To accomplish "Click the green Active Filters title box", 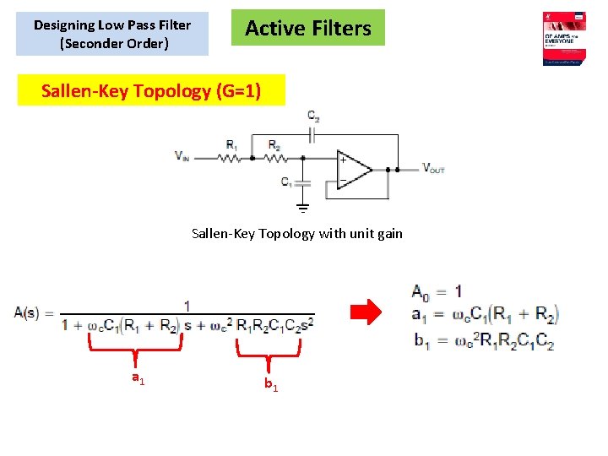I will coord(308,28).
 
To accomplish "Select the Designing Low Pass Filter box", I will coord(112,34).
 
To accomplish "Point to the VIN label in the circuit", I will coord(183,155).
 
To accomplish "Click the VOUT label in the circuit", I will coord(433,168).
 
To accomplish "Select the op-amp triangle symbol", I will coord(353,169).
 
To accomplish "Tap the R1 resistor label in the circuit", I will coord(231,144).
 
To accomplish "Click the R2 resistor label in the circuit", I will coord(274,144).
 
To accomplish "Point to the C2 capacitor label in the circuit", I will coord(313,116).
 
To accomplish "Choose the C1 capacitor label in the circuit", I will coord(287,181).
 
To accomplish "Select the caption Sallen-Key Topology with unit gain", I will coord(297,233).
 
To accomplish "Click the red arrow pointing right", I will coord(366,312).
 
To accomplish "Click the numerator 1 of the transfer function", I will coord(187,304).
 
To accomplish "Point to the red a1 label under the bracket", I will coord(138,379).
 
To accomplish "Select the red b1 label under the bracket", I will coord(270,384).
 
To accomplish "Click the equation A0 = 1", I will coord(437,291).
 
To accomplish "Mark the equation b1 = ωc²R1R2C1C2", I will coord(483,342).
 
